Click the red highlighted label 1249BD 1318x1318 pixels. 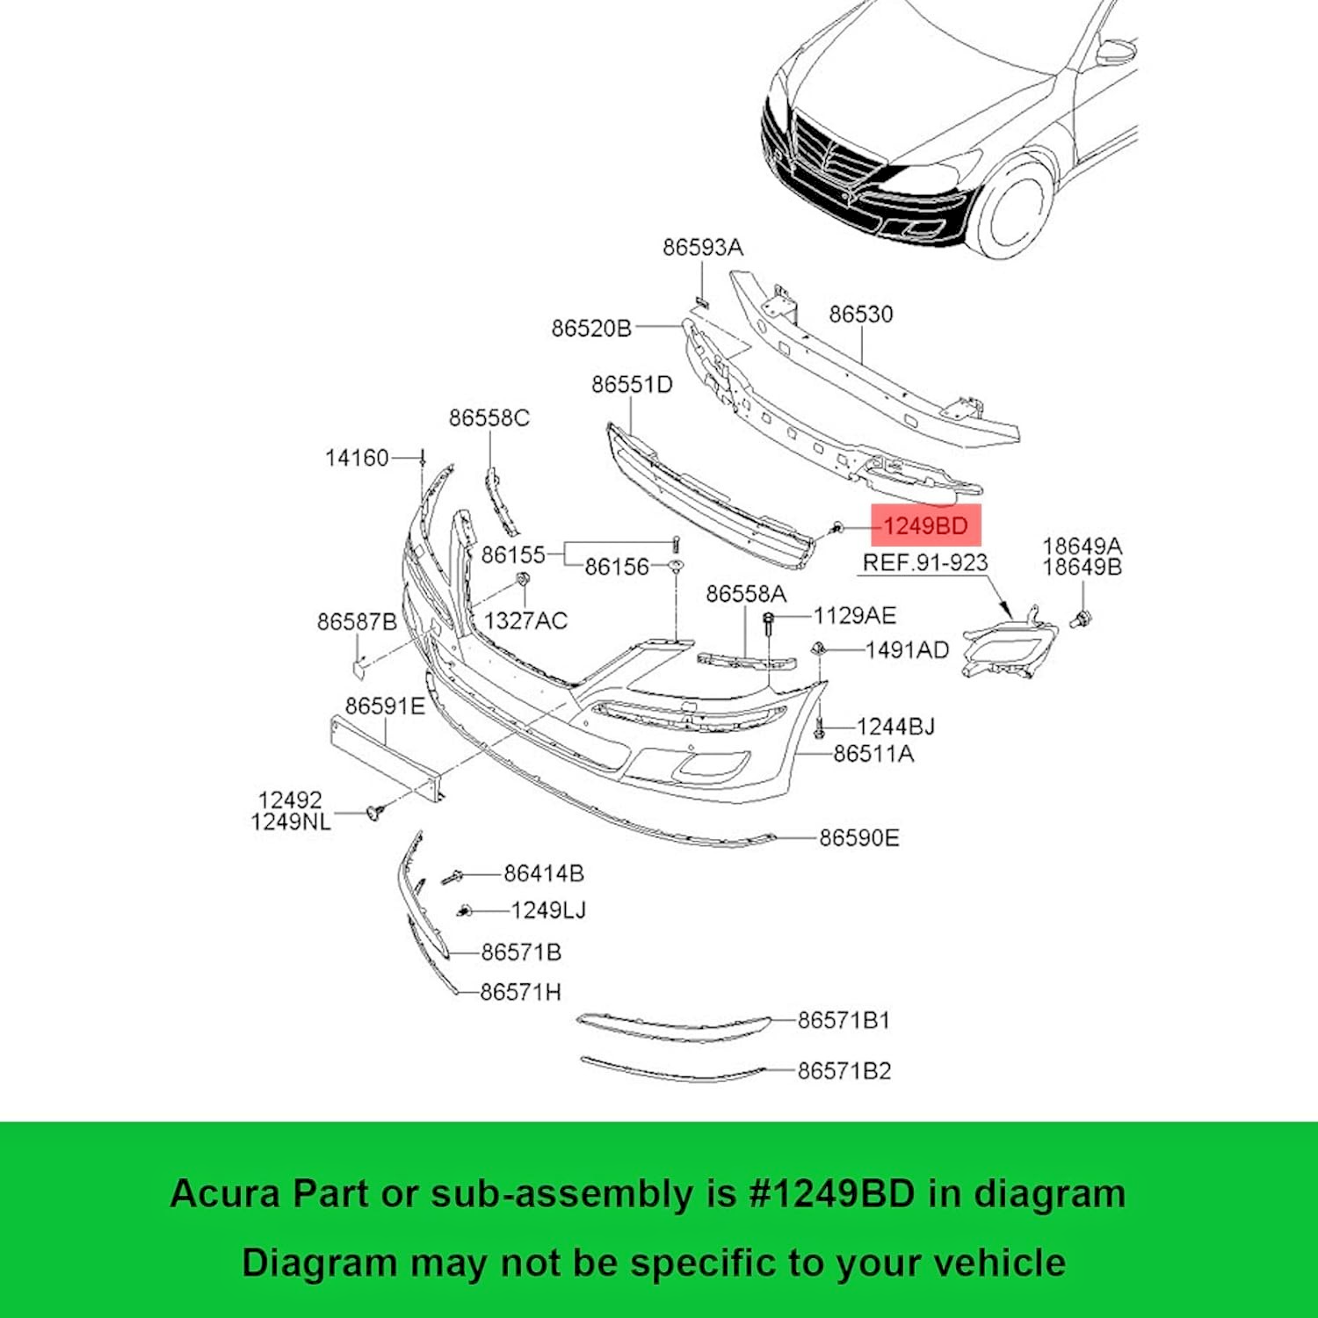tap(925, 526)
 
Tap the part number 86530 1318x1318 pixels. tap(860, 315)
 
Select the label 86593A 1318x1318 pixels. tap(702, 248)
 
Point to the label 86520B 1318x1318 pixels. tap(590, 329)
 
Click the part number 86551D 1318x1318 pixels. tap(631, 385)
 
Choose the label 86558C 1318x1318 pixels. tap(489, 418)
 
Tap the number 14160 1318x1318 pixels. tap(356, 458)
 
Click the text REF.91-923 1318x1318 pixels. tap(924, 563)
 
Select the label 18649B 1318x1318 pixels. tap(1082, 568)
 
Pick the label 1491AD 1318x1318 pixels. tap(907, 650)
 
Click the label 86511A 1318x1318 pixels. tap(873, 754)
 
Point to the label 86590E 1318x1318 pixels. tap(858, 838)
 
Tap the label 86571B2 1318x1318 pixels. tap(844, 1071)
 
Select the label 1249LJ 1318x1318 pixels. tap(547, 910)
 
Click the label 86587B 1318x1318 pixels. tap(356, 622)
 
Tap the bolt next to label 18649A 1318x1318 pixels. tap(1082, 619)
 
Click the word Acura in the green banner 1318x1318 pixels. tap(225, 1194)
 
